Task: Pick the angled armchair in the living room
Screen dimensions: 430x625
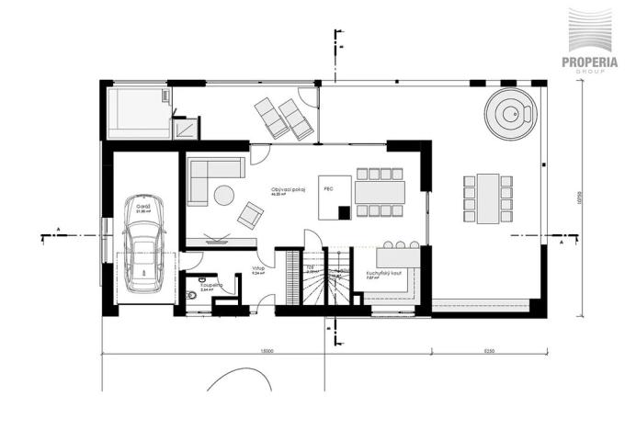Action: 249,215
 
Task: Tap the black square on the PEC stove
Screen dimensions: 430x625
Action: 344,212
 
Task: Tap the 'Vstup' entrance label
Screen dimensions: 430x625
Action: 259,268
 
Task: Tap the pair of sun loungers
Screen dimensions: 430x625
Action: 283,119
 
